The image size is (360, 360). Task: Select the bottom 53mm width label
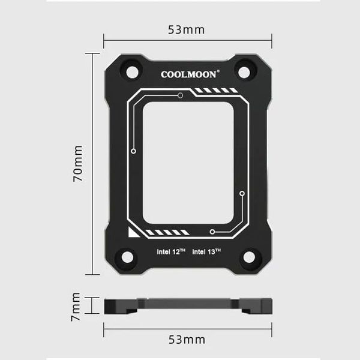click(x=187, y=340)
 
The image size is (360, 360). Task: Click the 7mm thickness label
click(x=76, y=306)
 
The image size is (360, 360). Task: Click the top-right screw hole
click(x=244, y=71)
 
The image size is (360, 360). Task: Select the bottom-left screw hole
click(x=127, y=257)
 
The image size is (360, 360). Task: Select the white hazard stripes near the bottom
click(x=168, y=232)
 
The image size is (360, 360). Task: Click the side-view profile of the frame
click(x=187, y=305)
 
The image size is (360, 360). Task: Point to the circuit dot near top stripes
click(x=180, y=95)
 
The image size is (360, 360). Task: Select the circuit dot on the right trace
click(x=242, y=194)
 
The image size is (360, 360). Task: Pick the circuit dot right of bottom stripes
click(x=212, y=232)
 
